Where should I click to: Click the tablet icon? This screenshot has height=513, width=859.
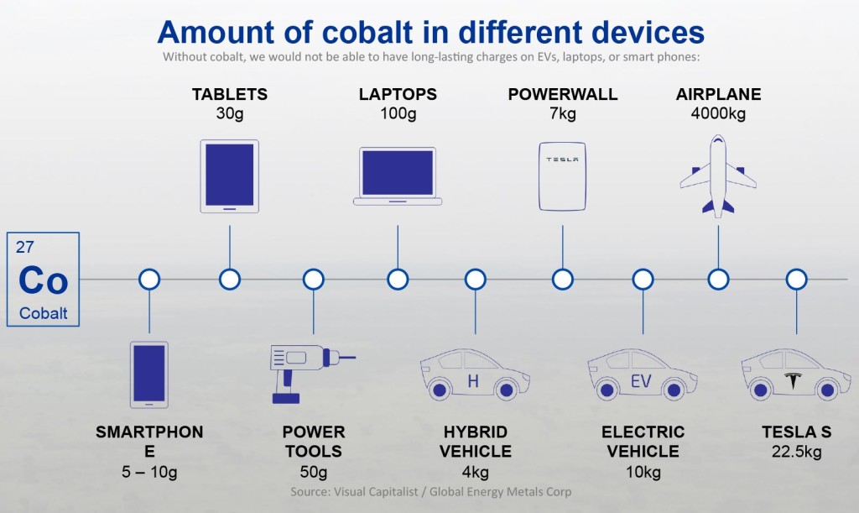point(229,175)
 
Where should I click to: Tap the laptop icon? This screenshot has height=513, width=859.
point(398,176)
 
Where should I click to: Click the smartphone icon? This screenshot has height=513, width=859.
point(149,374)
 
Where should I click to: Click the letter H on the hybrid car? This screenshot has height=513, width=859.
point(473,383)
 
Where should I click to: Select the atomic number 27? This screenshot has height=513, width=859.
point(25,247)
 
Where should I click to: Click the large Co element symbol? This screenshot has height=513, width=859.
point(43,280)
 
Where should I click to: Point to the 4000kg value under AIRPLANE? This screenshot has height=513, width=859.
point(718,113)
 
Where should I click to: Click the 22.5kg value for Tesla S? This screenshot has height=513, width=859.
point(796,452)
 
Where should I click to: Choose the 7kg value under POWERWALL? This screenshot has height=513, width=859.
point(563,113)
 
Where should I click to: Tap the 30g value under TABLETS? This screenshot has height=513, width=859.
point(229,113)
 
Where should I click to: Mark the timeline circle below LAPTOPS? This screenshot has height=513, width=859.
point(398,279)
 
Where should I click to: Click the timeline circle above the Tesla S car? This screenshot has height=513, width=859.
point(796,279)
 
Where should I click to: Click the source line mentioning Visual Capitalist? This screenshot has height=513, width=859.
point(430,491)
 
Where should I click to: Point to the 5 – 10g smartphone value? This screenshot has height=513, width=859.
point(149,472)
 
